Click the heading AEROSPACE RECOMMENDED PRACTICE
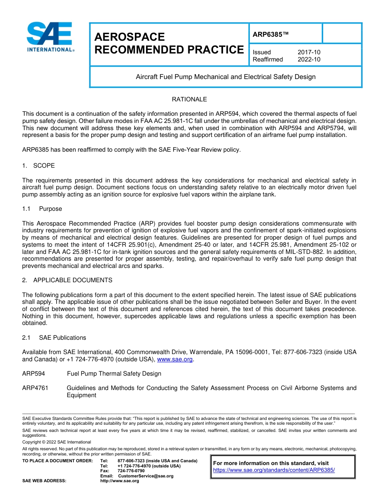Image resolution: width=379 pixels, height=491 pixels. pyautogui.click(x=169, y=44)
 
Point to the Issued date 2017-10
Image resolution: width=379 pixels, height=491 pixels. pyautogui.click(x=309, y=52)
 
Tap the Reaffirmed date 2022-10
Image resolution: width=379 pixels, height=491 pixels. pyautogui.click(x=309, y=59)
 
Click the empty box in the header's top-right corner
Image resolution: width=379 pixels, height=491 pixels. pyautogui.click(x=341, y=33)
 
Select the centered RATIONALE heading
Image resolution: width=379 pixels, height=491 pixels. pyautogui.click(x=189, y=99)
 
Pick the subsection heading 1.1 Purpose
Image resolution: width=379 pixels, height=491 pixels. pyautogui.click(x=42, y=209)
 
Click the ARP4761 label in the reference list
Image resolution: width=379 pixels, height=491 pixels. pyautogui.click(x=35, y=388)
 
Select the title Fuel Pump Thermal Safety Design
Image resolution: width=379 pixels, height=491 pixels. pyautogui.click(x=114, y=374)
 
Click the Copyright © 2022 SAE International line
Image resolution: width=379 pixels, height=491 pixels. pyautogui.click(x=57, y=442)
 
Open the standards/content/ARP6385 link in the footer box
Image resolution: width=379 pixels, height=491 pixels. pyautogui.click(x=274, y=470)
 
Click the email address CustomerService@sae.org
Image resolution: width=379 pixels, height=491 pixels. pyautogui.click(x=146, y=476)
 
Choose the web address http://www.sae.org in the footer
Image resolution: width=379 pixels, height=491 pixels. pyautogui.click(x=120, y=481)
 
